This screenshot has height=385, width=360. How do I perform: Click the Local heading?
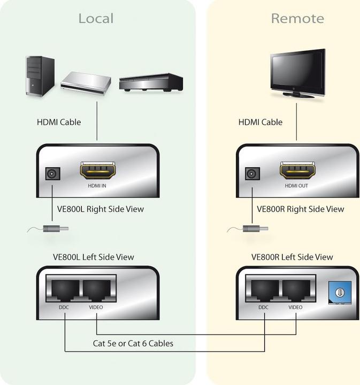coord(96,18)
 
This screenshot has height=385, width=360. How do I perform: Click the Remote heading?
coord(297,18)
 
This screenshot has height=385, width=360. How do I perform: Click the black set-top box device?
coord(151,82)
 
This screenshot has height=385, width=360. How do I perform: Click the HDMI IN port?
coord(97,171)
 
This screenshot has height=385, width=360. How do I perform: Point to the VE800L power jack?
coord(52,174)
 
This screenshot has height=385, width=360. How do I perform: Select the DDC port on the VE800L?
coord(64,291)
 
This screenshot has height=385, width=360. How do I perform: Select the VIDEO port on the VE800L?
coord(97,291)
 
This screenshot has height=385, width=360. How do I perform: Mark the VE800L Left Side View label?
coord(93,257)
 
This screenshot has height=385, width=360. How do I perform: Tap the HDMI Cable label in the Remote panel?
coord(260,122)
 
